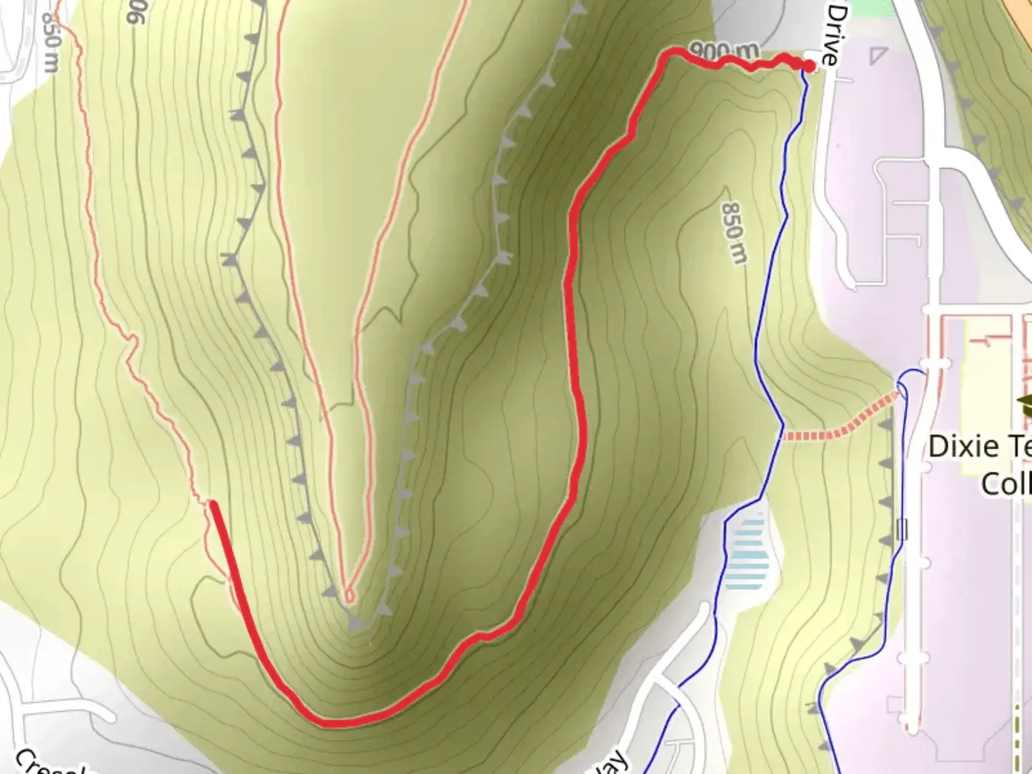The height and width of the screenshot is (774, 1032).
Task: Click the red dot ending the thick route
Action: click(x=809, y=67)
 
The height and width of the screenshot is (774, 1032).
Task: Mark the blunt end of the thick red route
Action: click(x=214, y=505)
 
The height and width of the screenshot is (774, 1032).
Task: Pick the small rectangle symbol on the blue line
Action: click(x=902, y=530)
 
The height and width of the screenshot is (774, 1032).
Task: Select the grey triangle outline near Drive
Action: click(x=877, y=56)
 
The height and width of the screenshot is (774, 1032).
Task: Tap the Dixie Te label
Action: click(x=979, y=446)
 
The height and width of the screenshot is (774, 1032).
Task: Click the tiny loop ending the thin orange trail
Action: click(x=349, y=595)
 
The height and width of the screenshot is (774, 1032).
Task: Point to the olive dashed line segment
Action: click(x=1017, y=731)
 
